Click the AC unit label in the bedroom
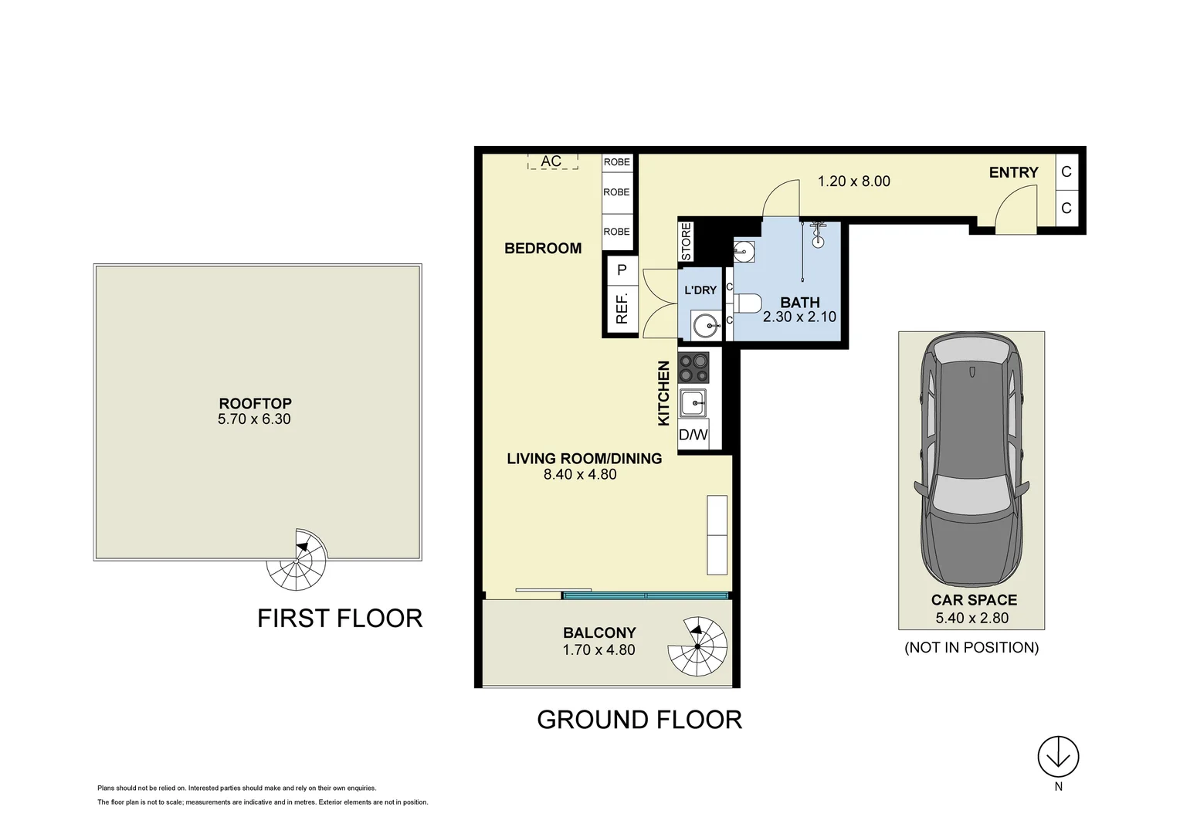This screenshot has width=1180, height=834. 551,161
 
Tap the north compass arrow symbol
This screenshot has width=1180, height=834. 1058,757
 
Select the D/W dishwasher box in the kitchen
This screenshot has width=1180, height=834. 693,435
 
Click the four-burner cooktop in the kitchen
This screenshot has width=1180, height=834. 693,368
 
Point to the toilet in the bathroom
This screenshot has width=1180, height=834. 746,303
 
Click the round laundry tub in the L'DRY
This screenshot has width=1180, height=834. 705,326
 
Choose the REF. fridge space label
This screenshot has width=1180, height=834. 622,308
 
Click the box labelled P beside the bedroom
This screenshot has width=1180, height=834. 622,271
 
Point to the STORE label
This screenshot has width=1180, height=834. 687,242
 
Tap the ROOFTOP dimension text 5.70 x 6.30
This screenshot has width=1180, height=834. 254,419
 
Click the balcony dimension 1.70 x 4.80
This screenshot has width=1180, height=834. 598,649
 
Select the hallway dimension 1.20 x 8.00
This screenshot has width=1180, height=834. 853,181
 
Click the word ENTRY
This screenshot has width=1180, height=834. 1013,173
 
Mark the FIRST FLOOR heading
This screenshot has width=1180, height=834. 340,619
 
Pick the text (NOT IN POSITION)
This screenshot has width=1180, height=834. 971,648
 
